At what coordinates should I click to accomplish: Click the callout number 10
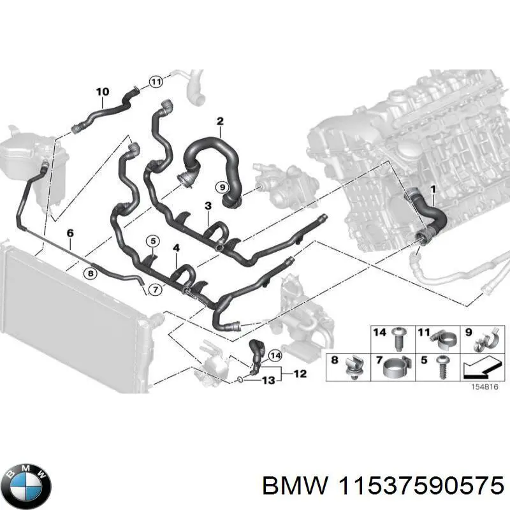click(x=103, y=92)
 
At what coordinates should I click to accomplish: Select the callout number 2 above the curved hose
click(x=220, y=121)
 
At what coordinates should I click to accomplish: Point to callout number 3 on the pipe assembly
click(x=208, y=206)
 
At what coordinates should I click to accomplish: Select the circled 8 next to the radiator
click(x=91, y=273)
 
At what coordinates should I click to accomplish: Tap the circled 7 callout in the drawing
click(x=154, y=290)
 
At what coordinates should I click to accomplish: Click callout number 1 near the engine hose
click(x=432, y=190)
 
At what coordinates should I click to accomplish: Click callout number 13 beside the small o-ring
click(x=268, y=381)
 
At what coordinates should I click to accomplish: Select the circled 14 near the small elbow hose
click(x=274, y=355)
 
